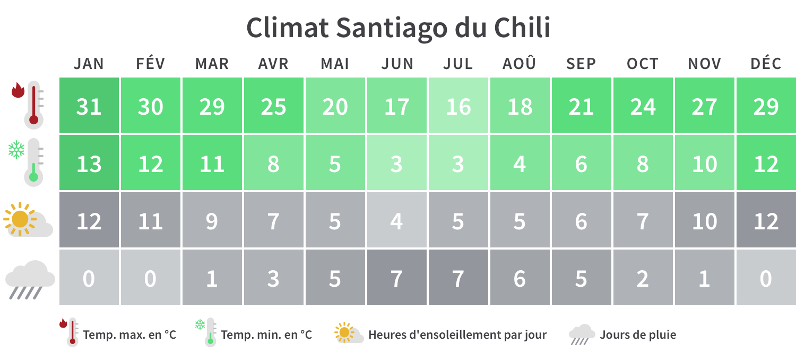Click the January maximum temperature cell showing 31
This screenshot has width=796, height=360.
click(x=89, y=106)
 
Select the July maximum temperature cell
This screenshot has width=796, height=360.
click(x=458, y=106)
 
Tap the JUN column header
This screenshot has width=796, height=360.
click(x=397, y=64)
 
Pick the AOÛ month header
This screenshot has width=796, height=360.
click(x=519, y=64)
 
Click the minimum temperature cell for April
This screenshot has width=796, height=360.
click(x=273, y=164)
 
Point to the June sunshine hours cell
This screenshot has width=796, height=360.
click(x=397, y=221)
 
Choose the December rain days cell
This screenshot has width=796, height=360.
click(x=765, y=278)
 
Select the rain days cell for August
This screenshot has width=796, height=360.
click(x=519, y=278)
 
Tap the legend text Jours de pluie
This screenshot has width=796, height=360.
click(x=638, y=335)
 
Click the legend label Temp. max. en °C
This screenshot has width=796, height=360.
click(x=129, y=335)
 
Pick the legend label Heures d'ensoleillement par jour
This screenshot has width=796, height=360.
click(x=457, y=335)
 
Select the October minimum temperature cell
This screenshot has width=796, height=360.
click(x=642, y=164)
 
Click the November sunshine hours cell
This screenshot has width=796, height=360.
click(x=704, y=221)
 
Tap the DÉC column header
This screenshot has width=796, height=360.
click(x=765, y=64)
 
